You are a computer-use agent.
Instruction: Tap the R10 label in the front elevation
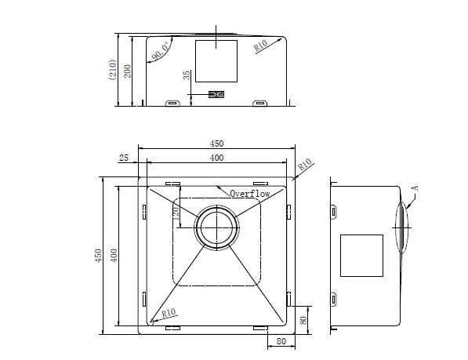(x=263, y=47)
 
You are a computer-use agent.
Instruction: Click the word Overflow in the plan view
(x=250, y=193)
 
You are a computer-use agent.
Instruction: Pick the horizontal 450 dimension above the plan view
(x=216, y=144)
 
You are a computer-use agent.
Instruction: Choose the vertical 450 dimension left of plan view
(x=99, y=256)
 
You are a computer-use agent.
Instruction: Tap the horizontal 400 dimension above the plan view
(x=216, y=158)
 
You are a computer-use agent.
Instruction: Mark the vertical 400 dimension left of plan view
(x=114, y=256)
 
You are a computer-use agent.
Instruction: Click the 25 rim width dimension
(x=124, y=158)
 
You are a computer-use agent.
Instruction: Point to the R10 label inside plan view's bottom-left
(x=168, y=313)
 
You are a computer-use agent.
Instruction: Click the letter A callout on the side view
(x=415, y=187)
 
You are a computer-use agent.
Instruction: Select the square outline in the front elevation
(x=216, y=61)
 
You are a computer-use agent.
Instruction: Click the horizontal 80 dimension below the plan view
(x=281, y=341)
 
